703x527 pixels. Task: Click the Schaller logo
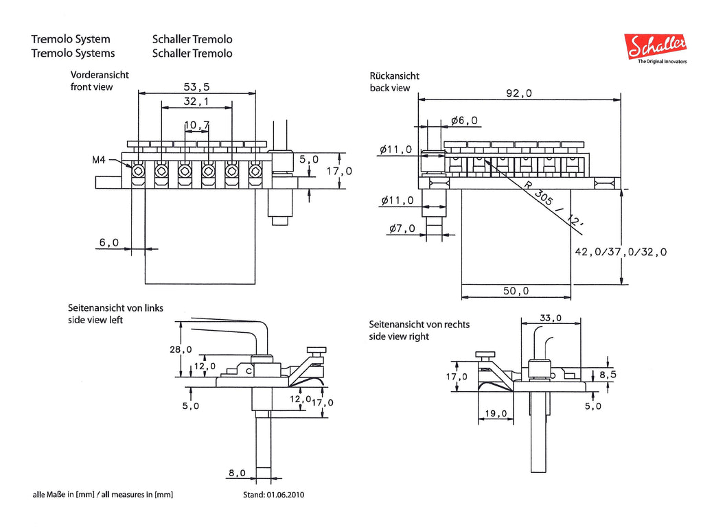(x=656, y=48)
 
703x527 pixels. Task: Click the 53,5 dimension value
(x=196, y=86)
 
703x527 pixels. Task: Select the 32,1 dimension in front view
(x=196, y=102)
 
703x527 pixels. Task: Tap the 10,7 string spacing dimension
(x=197, y=125)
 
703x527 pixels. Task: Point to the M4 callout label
(x=99, y=159)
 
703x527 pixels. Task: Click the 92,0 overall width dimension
(x=519, y=93)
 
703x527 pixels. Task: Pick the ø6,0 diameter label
(x=465, y=120)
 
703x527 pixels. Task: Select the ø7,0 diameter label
(x=402, y=229)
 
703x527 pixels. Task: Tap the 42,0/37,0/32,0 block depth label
(x=621, y=252)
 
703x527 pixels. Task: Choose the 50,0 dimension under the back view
(x=516, y=291)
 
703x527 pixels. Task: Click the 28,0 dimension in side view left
(x=181, y=349)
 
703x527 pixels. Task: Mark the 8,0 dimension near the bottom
(x=237, y=473)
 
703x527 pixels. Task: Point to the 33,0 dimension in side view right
(x=551, y=318)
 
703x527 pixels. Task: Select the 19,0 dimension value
(x=496, y=413)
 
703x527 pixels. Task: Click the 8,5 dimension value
(x=608, y=374)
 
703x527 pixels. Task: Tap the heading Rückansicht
(x=395, y=75)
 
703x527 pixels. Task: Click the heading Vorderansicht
(x=100, y=75)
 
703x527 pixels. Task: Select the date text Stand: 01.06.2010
(x=273, y=495)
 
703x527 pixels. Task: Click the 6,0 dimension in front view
(x=109, y=242)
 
